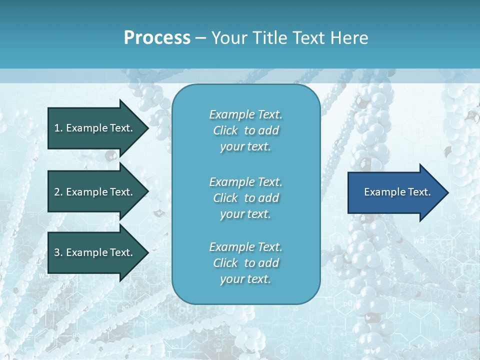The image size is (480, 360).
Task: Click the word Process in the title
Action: point(157,38)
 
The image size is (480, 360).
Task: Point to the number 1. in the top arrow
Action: point(58,128)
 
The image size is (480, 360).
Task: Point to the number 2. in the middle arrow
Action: point(58,192)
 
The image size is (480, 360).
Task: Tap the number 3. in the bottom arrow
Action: point(58,252)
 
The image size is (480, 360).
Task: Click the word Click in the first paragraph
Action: point(225,130)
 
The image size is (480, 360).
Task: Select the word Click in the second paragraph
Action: point(225,198)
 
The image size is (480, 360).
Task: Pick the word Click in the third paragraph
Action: point(225,263)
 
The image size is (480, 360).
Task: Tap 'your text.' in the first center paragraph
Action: point(245,147)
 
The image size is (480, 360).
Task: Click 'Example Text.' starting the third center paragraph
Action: point(245,247)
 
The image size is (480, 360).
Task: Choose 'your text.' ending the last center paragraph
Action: point(245,279)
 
